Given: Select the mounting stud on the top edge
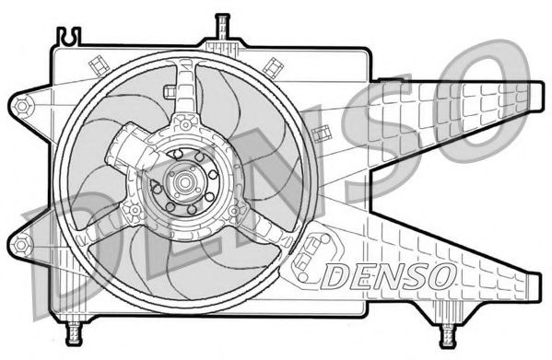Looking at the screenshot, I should [x=220, y=28].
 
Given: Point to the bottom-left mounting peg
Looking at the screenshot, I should [x=73, y=326].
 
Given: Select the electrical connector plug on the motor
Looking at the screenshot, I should [x=121, y=152].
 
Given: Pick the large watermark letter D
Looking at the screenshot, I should [x=55, y=249].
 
